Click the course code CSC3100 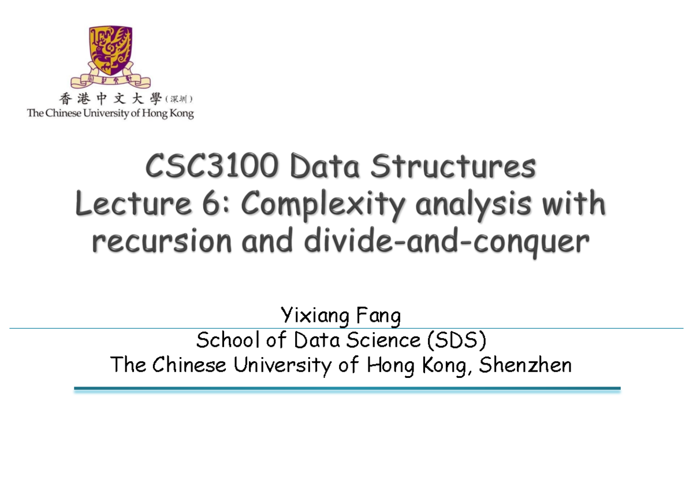[x=212, y=166]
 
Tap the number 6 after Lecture [x=211, y=203]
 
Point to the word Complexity [x=323, y=205]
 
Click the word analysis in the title [x=474, y=205]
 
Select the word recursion [x=162, y=241]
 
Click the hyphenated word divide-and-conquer [x=447, y=242]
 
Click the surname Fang [x=378, y=316]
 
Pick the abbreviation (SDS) [x=456, y=340]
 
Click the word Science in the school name [x=383, y=340]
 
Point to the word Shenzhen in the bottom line [x=525, y=365]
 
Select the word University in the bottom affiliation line [x=282, y=365]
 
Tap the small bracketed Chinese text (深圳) [x=179, y=99]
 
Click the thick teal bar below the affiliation [x=347, y=389]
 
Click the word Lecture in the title [x=133, y=203]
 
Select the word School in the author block [x=228, y=340]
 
